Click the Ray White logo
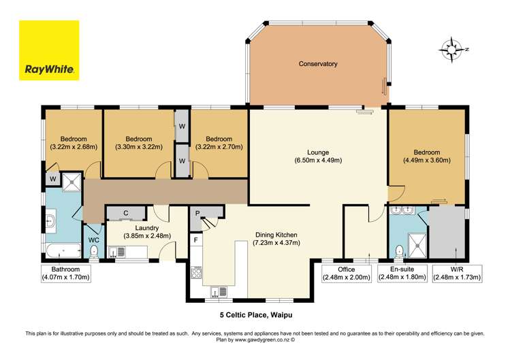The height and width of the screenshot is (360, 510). [x=49, y=50]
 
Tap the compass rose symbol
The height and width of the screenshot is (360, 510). [x=450, y=50]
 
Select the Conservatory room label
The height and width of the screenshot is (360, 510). [x=318, y=64]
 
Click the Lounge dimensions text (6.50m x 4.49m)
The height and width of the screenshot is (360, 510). [x=318, y=161]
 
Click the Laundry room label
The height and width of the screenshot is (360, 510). [x=146, y=228]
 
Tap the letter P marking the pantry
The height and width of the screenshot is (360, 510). [x=196, y=213]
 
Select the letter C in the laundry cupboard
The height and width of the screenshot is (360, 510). [x=126, y=213]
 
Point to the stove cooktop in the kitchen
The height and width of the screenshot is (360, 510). [x=197, y=274]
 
